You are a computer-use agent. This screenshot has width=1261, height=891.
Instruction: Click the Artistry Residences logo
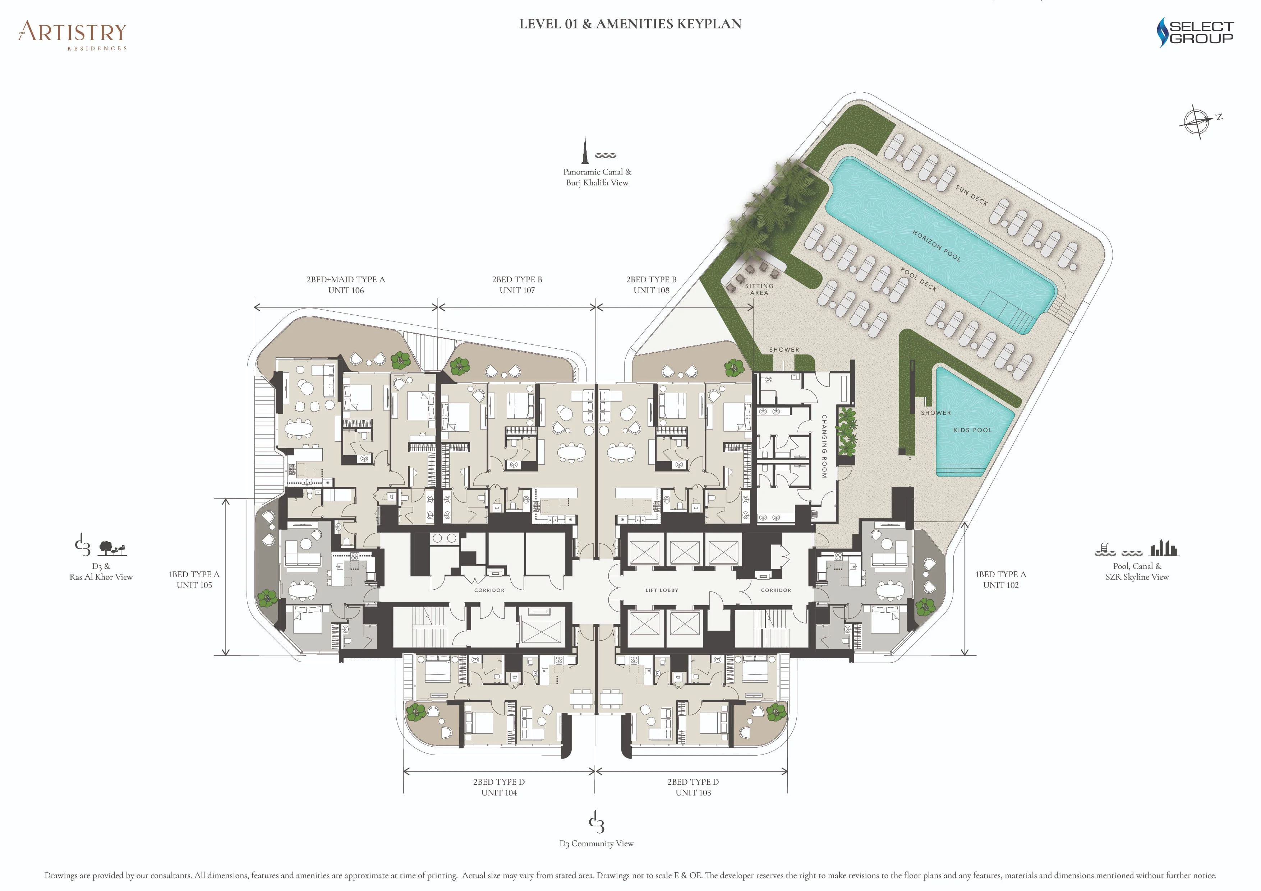[73, 35]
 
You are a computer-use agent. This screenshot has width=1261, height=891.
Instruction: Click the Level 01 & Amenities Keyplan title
[630, 24]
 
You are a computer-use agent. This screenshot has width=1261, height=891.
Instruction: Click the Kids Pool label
[973, 430]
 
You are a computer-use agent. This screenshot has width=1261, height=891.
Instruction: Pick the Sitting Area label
[759, 289]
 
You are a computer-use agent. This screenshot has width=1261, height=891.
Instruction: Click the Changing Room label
[824, 446]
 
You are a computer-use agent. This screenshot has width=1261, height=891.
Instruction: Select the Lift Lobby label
[662, 590]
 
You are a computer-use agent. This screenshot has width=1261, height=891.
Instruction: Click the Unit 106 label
[346, 291]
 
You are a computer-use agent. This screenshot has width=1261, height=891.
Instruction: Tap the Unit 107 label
[517, 291]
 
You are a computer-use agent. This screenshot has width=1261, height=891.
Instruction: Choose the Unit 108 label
[652, 291]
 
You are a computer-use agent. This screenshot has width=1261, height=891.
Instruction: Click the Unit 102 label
[1001, 585]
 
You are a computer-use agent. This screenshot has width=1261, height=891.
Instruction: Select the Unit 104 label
[499, 793]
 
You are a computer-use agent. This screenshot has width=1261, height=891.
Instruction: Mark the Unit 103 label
[693, 793]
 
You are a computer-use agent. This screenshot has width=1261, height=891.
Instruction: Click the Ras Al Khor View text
[101, 577]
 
